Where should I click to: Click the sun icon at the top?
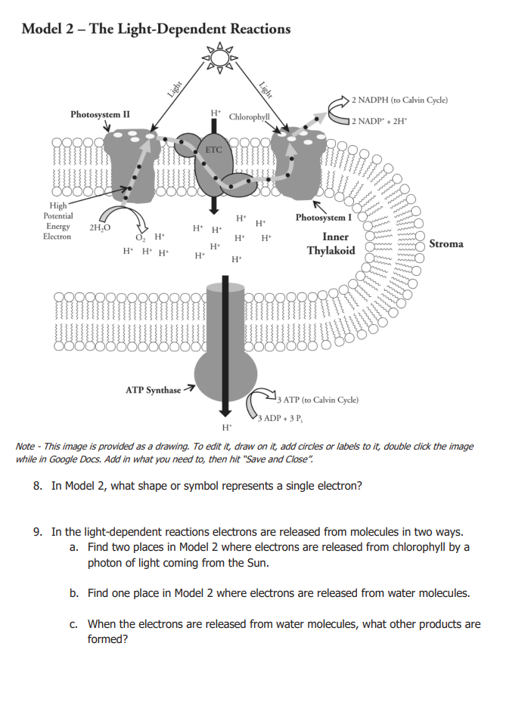click(x=219, y=57)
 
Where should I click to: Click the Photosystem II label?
click(x=100, y=115)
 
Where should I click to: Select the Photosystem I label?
click(x=323, y=218)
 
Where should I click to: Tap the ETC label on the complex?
click(x=214, y=150)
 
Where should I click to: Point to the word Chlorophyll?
click(x=250, y=117)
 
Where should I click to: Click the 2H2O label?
click(x=99, y=227)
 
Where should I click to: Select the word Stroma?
click(x=448, y=244)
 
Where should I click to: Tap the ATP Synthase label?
click(x=153, y=390)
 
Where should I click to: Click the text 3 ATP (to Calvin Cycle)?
click(x=318, y=399)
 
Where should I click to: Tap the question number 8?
click(x=38, y=486)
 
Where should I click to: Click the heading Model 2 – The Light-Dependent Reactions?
click(x=156, y=29)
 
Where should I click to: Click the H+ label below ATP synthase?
click(x=225, y=428)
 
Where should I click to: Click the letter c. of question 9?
click(x=74, y=624)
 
